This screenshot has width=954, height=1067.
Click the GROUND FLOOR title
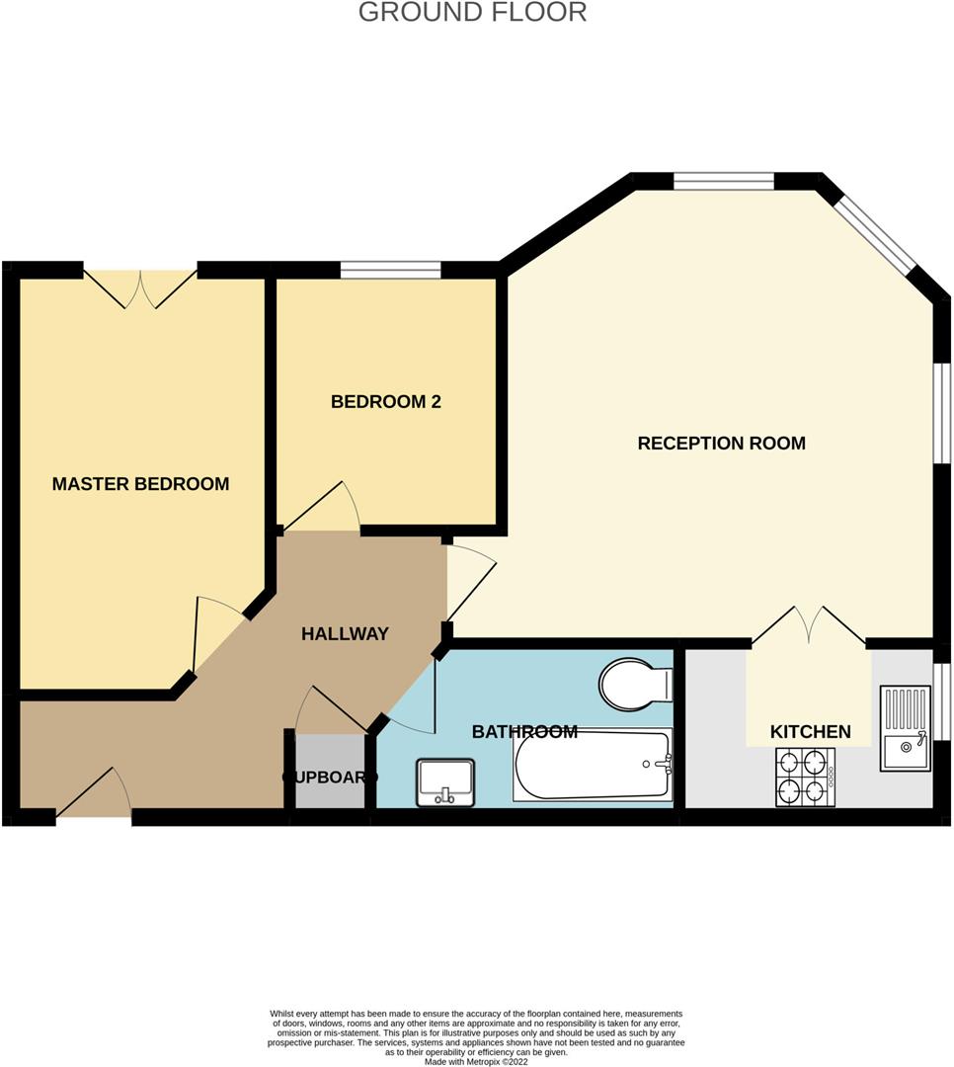pos(472,13)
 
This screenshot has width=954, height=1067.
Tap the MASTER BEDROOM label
pos(140,484)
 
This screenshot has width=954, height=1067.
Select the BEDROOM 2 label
pos(385,402)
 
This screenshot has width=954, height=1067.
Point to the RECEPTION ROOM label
pos(721,444)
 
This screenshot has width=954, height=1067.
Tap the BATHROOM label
pos(524,732)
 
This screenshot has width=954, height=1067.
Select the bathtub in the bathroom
pos(592,765)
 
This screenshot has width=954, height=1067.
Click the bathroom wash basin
pos(445,781)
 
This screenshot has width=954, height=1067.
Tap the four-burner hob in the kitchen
pos(805,777)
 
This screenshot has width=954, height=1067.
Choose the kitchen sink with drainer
pos(905,729)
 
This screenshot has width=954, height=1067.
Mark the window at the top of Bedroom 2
pos(390,270)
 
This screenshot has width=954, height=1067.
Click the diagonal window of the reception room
pos(874,233)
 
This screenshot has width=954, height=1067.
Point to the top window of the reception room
pos(724,181)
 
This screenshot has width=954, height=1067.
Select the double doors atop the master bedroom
pos(140,287)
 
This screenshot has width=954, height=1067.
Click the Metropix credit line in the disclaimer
pos(476,1062)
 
